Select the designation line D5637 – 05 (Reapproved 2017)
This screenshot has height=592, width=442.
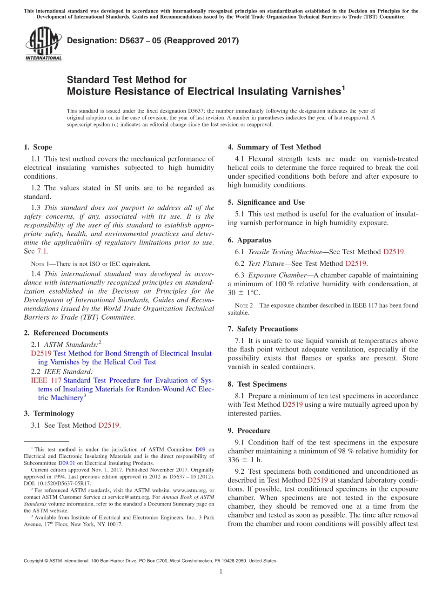(153, 40)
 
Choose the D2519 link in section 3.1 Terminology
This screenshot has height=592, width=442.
(109, 425)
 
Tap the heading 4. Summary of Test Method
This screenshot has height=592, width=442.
(274, 147)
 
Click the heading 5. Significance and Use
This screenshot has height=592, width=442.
(271, 202)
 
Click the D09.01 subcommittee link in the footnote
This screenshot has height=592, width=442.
(67, 463)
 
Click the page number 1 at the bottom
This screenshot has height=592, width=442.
(221, 572)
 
